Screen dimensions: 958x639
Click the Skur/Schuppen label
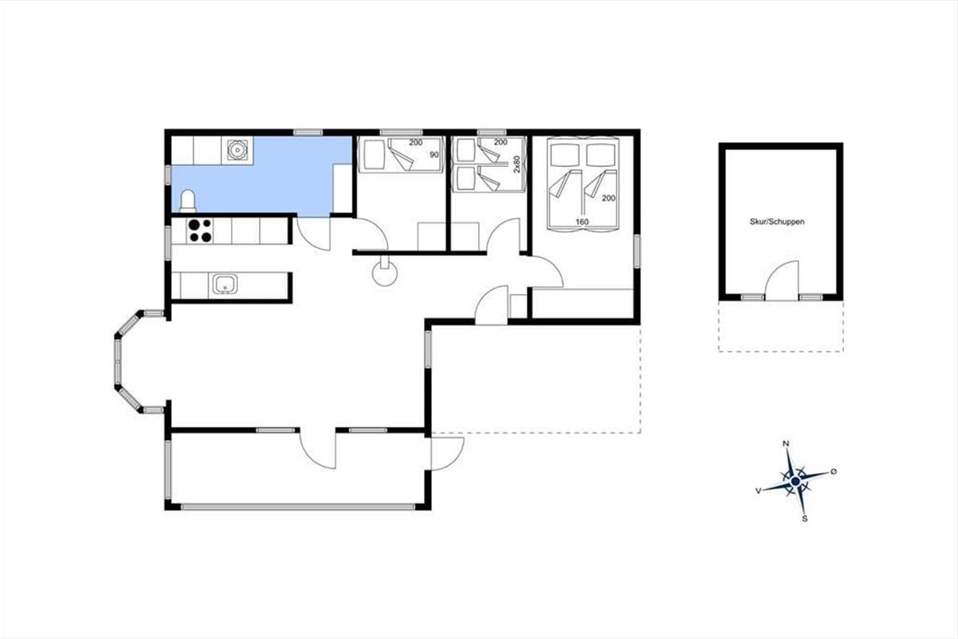click(x=777, y=222)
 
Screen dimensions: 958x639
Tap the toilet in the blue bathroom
click(x=188, y=201)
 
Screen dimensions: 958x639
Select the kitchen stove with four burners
click(x=200, y=231)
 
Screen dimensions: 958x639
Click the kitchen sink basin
click(x=225, y=284)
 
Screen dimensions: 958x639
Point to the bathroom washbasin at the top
click(x=236, y=150)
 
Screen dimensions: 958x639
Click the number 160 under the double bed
click(x=582, y=222)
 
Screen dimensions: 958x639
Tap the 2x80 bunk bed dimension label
click(x=517, y=164)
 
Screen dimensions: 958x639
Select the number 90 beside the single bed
click(x=434, y=155)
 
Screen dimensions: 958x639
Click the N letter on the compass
click(x=786, y=443)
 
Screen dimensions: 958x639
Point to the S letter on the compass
click(x=805, y=518)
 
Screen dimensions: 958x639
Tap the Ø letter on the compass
click(x=833, y=471)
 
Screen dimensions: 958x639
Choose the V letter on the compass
click(x=758, y=491)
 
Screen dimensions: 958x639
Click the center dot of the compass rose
click(x=795, y=482)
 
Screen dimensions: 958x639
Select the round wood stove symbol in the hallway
click(x=385, y=273)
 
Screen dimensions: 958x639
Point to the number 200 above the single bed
click(x=415, y=142)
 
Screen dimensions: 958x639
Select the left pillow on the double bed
click(x=564, y=155)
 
